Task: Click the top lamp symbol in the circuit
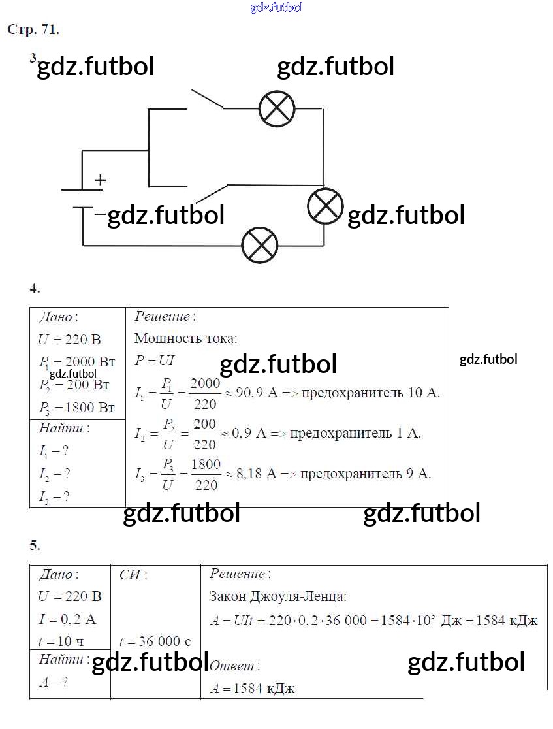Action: pyautogui.click(x=277, y=109)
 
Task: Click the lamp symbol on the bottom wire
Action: pyautogui.click(x=260, y=246)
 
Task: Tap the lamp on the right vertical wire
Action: pyautogui.click(x=325, y=206)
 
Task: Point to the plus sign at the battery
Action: pyautogui.click(x=100, y=180)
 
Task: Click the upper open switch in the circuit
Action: pyautogui.click(x=207, y=99)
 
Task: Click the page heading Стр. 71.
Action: pyautogui.click(x=33, y=29)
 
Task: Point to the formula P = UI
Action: pyautogui.click(x=154, y=360)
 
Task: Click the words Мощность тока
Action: pyautogui.click(x=185, y=338)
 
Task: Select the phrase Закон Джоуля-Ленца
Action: pyautogui.click(x=277, y=596)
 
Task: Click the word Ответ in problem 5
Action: pyautogui.click(x=233, y=666)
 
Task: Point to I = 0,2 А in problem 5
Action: pyautogui.click(x=67, y=619)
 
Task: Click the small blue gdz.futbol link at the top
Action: pyautogui.click(x=276, y=7)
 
